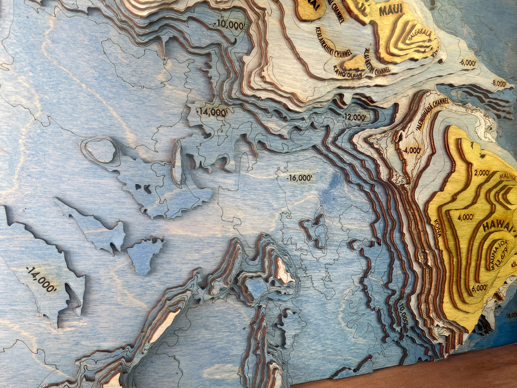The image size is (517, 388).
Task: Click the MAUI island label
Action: pyautogui.click(x=391, y=10)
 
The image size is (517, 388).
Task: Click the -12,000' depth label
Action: pyautogui.click(x=355, y=117)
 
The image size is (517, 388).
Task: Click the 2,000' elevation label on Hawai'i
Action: pyautogui.click(x=482, y=173)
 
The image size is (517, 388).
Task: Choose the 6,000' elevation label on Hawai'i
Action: pyautogui.click(x=479, y=287)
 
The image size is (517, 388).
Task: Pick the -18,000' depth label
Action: pyautogui.click(x=511, y=316)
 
